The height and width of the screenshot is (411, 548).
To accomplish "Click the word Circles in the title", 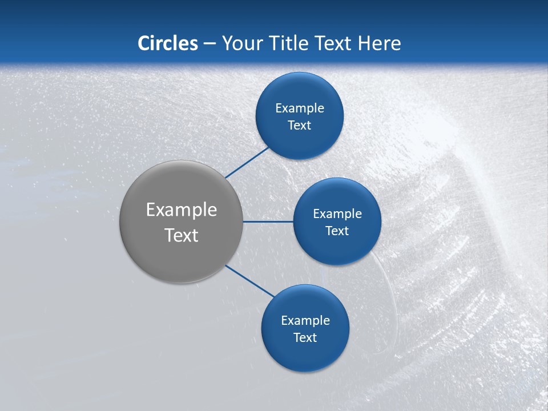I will click(168, 43).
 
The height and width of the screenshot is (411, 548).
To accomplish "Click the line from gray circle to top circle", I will click(248, 162).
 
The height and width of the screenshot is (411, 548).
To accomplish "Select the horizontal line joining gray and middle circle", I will click(268, 221).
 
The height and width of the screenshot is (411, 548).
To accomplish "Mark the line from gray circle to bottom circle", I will click(250, 280).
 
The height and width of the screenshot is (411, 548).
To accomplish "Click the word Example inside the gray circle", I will click(182, 210).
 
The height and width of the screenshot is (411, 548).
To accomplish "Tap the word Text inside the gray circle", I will click(182, 235).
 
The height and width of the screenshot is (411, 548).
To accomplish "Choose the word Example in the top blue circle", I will click(300, 108).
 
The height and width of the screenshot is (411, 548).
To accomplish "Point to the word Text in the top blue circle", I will click(299, 126).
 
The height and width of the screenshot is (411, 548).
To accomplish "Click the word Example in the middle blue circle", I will click(337, 214).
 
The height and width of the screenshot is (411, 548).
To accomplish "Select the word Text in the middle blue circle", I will click(337, 231).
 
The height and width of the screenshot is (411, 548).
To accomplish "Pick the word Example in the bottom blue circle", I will click(305, 321).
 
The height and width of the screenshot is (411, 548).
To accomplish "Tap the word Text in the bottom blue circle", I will click(305, 338).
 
